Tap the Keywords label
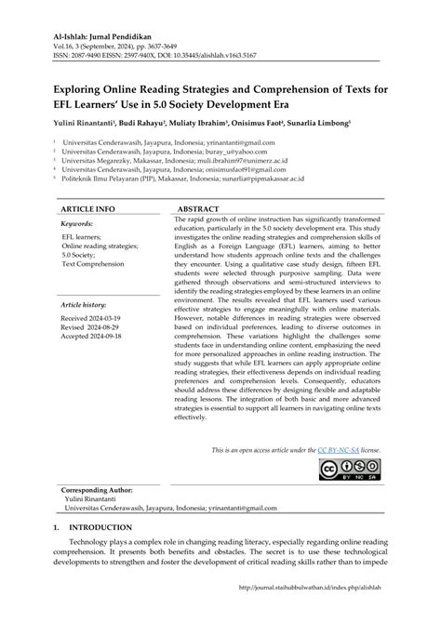(x=82, y=224)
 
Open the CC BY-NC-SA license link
(x=338, y=450)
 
